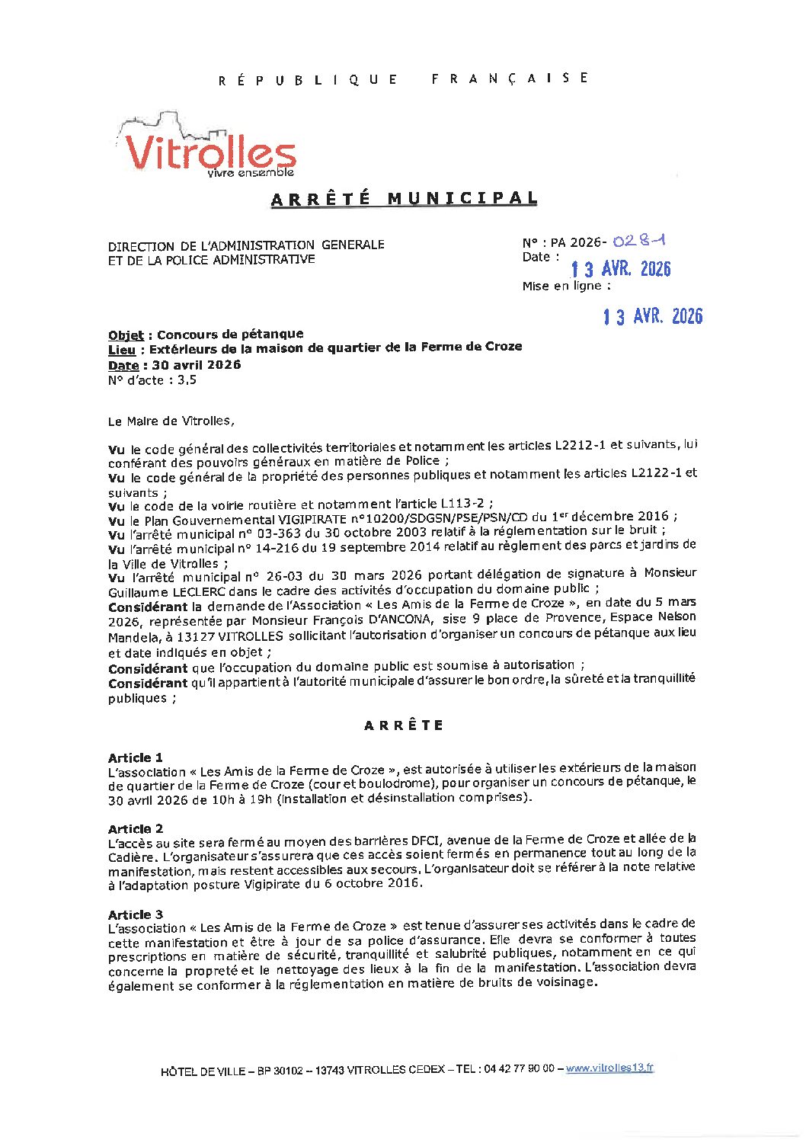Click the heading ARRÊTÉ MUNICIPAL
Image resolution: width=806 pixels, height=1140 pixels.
[404, 198]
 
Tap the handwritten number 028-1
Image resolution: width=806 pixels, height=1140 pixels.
[639, 241]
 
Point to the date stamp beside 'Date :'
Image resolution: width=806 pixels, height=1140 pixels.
[621, 269]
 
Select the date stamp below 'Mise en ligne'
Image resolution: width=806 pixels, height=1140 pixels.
[653, 316]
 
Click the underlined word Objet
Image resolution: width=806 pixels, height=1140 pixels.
[126, 335]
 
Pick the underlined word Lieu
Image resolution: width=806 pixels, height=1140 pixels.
[122, 349]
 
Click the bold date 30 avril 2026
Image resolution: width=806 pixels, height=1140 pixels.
[197, 364]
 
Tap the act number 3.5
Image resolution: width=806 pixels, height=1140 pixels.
[187, 379]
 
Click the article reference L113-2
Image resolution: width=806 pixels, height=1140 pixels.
[462, 503]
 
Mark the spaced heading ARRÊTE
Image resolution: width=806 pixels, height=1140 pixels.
[404, 725]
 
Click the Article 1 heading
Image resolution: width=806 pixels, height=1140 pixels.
[136, 757]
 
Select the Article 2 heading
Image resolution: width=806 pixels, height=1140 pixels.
[136, 828]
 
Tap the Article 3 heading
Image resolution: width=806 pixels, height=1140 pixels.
[136, 914]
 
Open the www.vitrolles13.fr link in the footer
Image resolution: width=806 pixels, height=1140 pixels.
[609, 1068]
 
